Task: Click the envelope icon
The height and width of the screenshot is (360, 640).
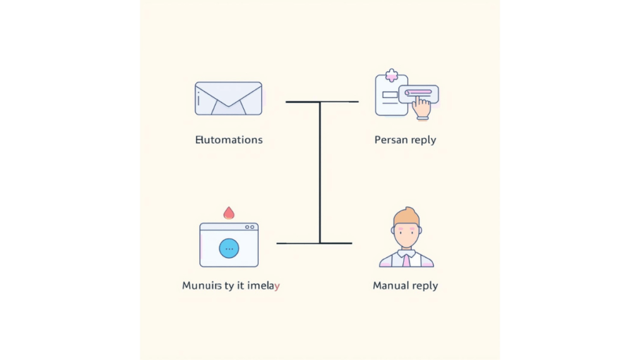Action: click(228, 98)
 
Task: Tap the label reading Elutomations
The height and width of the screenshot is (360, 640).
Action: click(229, 139)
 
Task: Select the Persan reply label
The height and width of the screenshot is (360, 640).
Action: click(405, 139)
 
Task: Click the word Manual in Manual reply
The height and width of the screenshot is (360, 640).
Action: click(391, 286)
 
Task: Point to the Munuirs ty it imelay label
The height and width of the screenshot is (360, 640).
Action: click(231, 286)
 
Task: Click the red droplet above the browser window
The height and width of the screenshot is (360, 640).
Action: click(229, 212)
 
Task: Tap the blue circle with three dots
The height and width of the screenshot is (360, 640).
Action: click(229, 248)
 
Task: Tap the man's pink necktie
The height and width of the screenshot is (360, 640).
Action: click(406, 259)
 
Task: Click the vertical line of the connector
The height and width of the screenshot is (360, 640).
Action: click(320, 172)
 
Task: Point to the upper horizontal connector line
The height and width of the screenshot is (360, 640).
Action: click(322, 101)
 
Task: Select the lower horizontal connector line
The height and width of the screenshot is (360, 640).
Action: click(314, 243)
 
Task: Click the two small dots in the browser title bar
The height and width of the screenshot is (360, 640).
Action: click(250, 227)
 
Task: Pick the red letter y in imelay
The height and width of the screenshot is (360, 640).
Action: click(277, 287)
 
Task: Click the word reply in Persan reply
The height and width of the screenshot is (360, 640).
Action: click(423, 140)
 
